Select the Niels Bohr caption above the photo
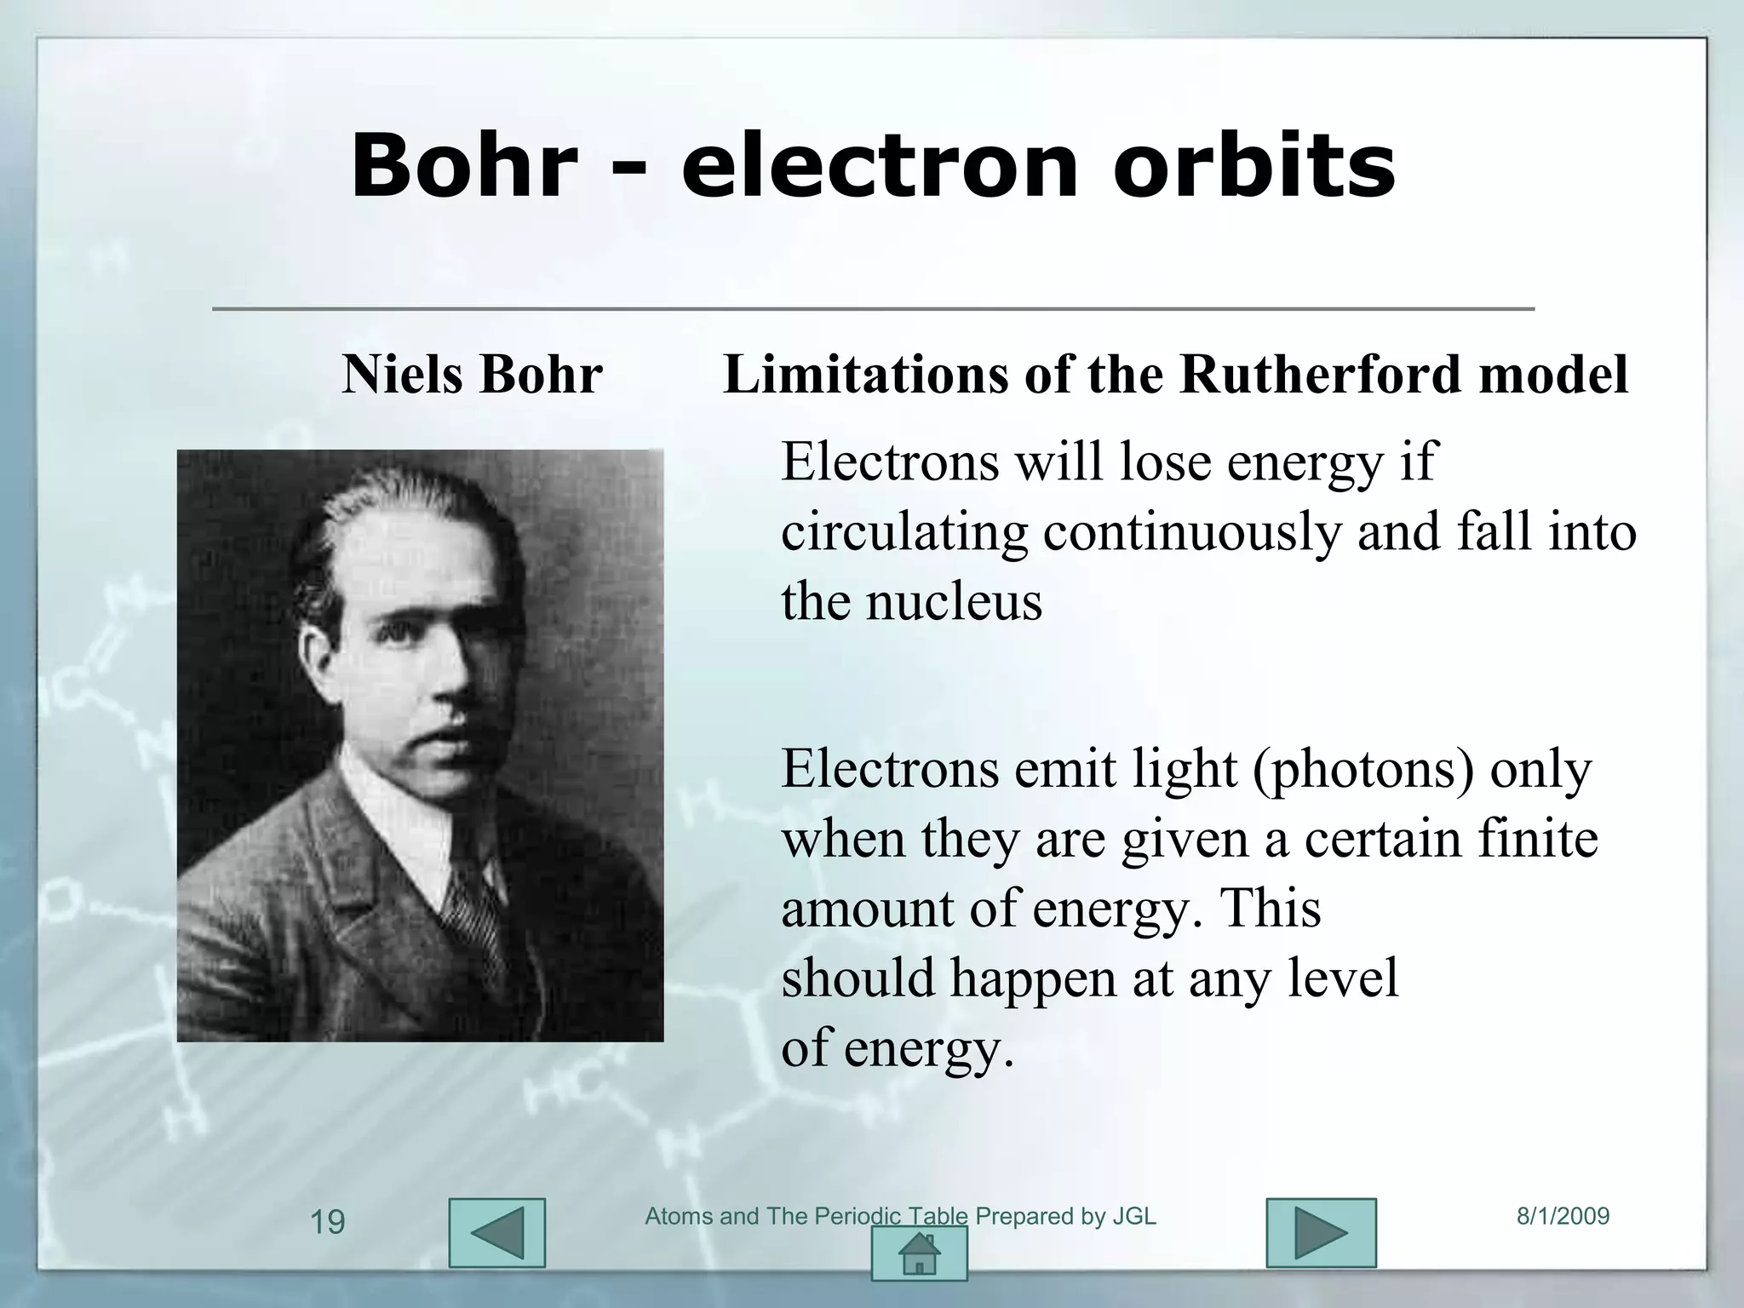(x=472, y=374)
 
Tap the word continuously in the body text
(x=1191, y=532)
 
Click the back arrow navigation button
(x=496, y=1233)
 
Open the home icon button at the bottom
(x=919, y=1253)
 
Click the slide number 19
(x=327, y=1223)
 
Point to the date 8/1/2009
(x=1563, y=1216)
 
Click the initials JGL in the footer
(x=1134, y=1216)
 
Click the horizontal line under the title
(x=873, y=308)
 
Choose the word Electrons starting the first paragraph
(x=890, y=462)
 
